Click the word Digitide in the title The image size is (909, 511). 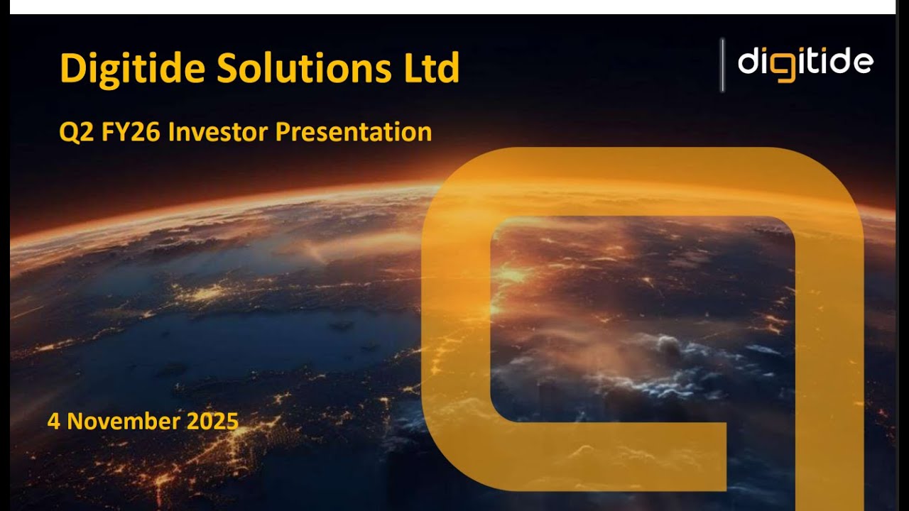[133, 69]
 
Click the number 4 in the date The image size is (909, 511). [53, 422]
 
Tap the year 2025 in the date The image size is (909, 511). [212, 422]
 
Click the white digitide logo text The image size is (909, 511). [805, 62]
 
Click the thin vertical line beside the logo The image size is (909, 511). [723, 65]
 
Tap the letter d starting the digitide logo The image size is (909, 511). [749, 62]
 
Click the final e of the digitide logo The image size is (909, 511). [862, 64]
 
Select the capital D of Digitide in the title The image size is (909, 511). [72, 69]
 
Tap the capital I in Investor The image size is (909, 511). [172, 133]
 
